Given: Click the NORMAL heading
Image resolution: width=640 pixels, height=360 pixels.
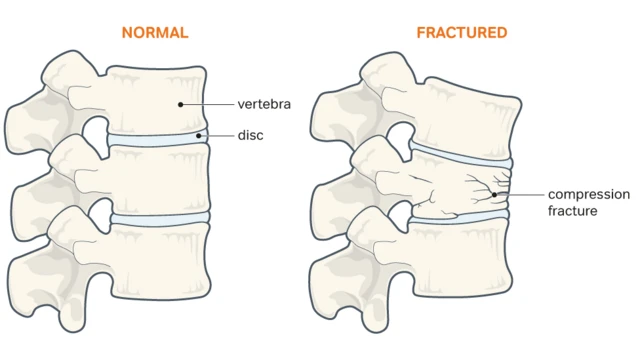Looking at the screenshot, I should tap(154, 33).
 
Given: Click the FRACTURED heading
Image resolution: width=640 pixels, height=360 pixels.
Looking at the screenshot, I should tap(461, 33).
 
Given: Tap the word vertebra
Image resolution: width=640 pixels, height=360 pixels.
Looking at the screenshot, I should tap(264, 103).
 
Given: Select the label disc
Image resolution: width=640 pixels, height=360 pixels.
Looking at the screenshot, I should tap(250, 135).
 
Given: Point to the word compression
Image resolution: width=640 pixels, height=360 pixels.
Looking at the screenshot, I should tap(588, 194).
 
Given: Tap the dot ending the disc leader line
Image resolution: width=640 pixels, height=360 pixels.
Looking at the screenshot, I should tap(199, 135).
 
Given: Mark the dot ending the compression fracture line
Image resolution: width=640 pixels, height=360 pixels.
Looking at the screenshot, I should tap(495, 194).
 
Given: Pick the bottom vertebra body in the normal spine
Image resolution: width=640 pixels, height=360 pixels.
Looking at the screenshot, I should tap(155, 255).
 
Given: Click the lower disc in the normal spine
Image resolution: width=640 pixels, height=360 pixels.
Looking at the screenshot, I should tap(158, 217).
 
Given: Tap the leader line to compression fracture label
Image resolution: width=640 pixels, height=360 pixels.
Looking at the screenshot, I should tap(520, 194).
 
